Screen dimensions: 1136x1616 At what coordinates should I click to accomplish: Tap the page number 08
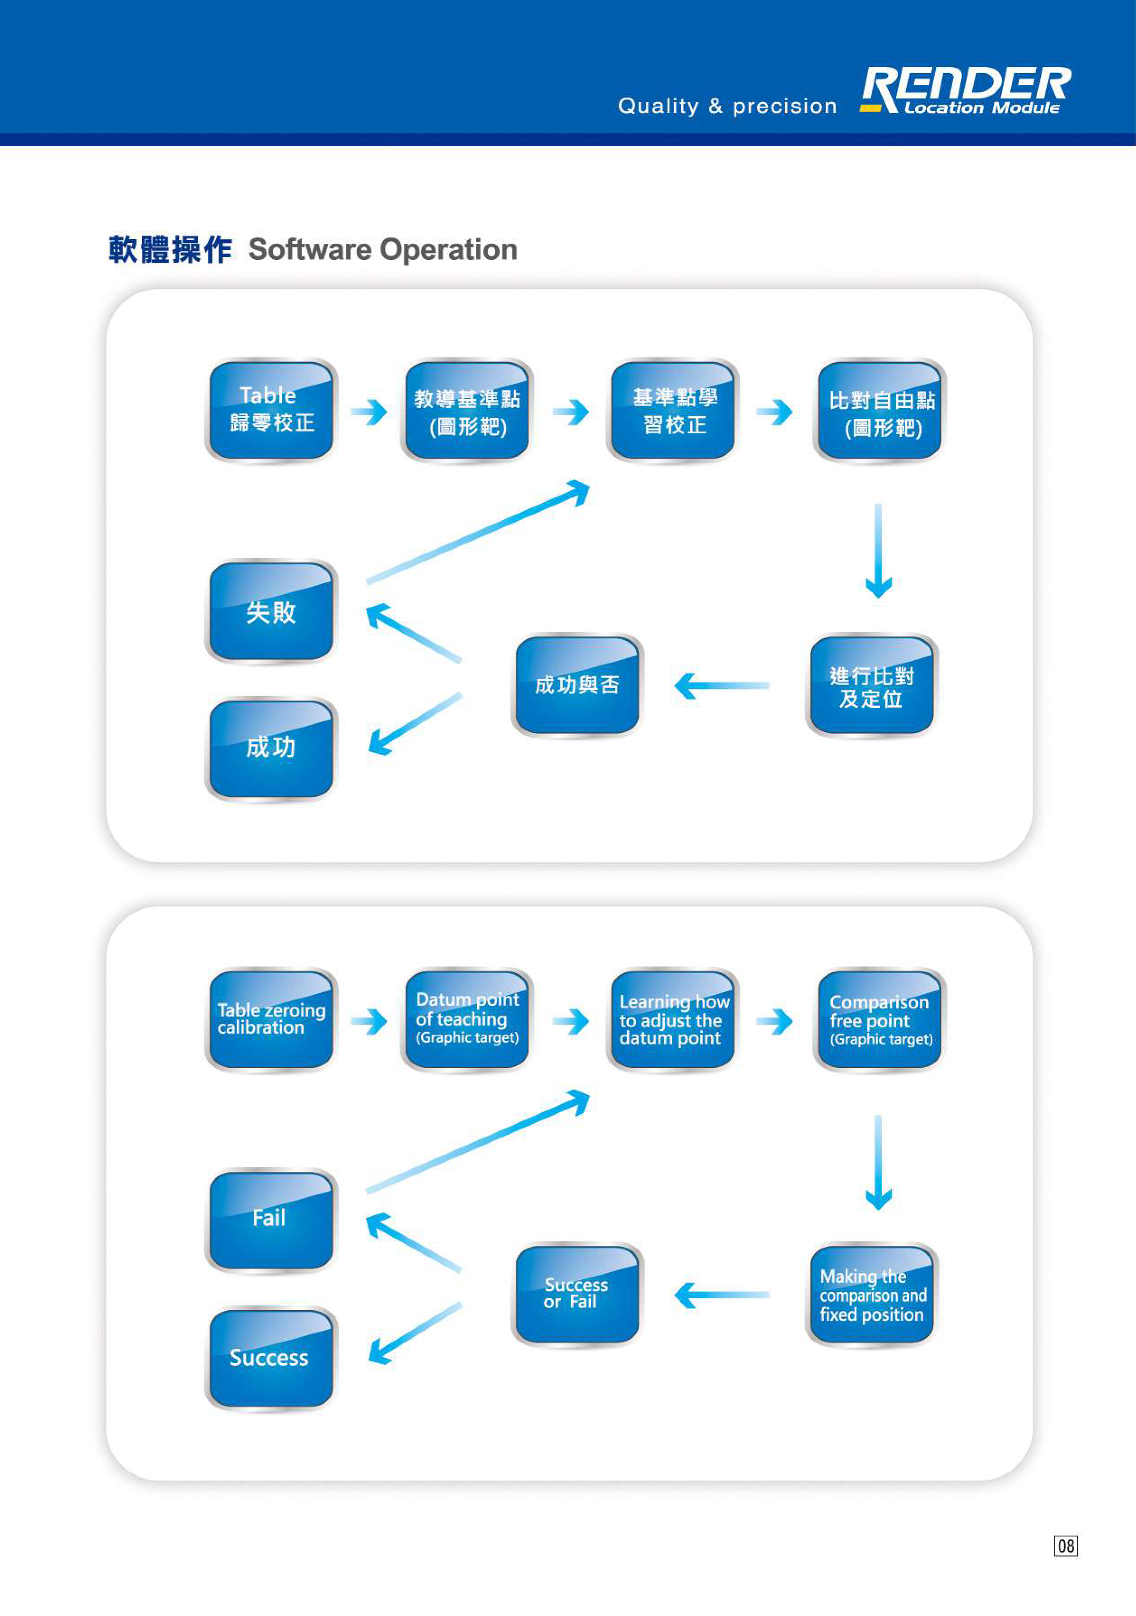(x=1066, y=1546)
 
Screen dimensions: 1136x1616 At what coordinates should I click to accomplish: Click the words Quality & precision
(x=727, y=106)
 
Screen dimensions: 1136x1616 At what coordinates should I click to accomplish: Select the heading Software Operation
(x=383, y=250)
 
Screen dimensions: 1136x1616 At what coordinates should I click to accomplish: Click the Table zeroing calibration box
(x=271, y=1020)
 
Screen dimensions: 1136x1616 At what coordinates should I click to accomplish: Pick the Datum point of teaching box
(x=467, y=1020)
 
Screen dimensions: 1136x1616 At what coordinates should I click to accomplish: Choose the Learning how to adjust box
(x=672, y=1020)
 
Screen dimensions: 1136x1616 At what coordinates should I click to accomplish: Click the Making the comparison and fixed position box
(x=871, y=1295)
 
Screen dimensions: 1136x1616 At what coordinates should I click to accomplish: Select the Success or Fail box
(x=577, y=1295)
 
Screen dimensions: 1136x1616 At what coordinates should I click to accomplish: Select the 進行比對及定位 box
(x=871, y=686)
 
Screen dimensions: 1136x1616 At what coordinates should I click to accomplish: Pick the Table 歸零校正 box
(x=271, y=410)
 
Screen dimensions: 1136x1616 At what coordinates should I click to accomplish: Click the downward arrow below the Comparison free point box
(x=878, y=1162)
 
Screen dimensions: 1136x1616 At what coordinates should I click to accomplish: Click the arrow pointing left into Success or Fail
(x=722, y=1295)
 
